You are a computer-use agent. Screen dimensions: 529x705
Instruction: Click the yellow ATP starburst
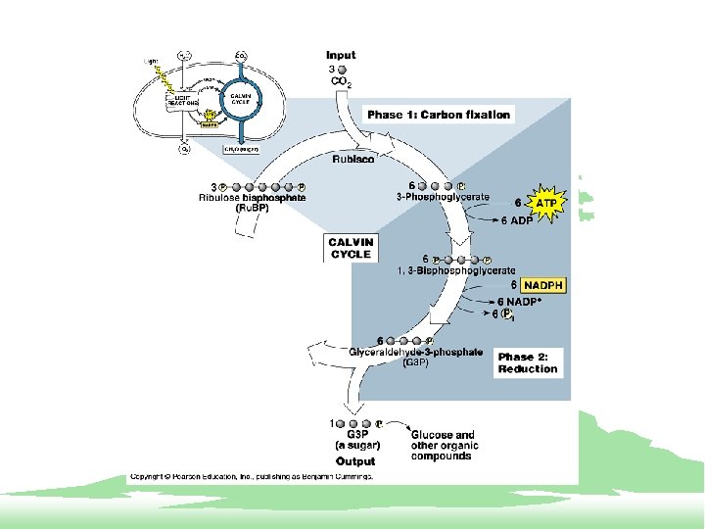tap(547, 204)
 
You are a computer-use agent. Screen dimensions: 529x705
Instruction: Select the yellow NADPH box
tap(543, 285)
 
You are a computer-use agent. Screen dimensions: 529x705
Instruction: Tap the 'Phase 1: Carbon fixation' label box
tap(439, 115)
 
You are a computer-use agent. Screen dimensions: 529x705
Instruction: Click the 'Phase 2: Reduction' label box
tap(528, 362)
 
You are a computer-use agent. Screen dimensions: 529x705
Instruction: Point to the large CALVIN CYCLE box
tap(351, 248)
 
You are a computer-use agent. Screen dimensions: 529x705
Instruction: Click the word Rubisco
tap(352, 159)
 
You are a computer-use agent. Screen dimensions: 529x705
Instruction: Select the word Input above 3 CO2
tap(341, 55)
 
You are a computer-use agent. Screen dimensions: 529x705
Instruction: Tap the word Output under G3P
tap(354, 460)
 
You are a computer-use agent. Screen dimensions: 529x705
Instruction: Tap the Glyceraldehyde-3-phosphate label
tap(416, 352)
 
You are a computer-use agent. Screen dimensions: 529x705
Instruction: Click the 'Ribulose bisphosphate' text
tap(252, 198)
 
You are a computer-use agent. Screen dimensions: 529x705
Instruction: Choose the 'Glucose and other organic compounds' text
tap(443, 445)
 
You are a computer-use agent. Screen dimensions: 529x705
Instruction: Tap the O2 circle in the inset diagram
tap(183, 150)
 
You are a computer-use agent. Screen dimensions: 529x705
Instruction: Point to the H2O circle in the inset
tap(184, 55)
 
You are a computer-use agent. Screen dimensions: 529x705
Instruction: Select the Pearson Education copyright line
tap(250, 477)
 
